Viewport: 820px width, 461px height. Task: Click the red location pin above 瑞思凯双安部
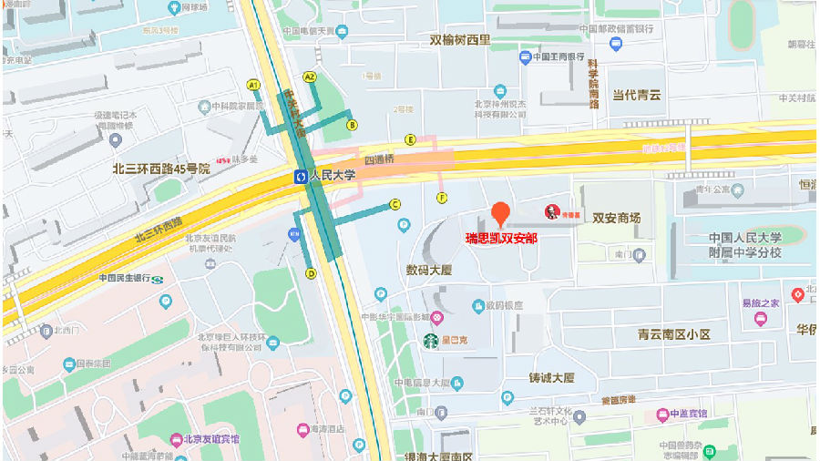(x=499, y=214)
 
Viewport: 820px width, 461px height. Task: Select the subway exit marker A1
(x=253, y=85)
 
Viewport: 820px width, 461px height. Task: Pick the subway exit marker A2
(x=310, y=77)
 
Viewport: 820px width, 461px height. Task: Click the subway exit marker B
(x=352, y=125)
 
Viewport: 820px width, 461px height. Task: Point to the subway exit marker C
(x=395, y=204)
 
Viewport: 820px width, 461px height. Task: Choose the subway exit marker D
(x=311, y=272)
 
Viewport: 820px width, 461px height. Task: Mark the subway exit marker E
(x=411, y=139)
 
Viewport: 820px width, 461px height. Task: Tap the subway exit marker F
(x=442, y=197)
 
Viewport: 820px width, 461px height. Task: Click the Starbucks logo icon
(x=430, y=342)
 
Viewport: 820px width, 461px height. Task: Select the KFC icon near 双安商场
(x=551, y=212)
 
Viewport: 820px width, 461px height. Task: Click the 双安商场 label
(x=617, y=219)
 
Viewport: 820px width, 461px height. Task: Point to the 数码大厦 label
(x=429, y=270)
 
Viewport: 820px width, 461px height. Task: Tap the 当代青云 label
(x=636, y=94)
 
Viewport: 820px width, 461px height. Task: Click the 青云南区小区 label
(x=674, y=334)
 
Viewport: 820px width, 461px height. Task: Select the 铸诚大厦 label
(x=551, y=377)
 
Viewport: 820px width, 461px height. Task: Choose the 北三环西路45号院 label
(x=161, y=169)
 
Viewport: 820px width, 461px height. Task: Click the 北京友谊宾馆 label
(x=211, y=439)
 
